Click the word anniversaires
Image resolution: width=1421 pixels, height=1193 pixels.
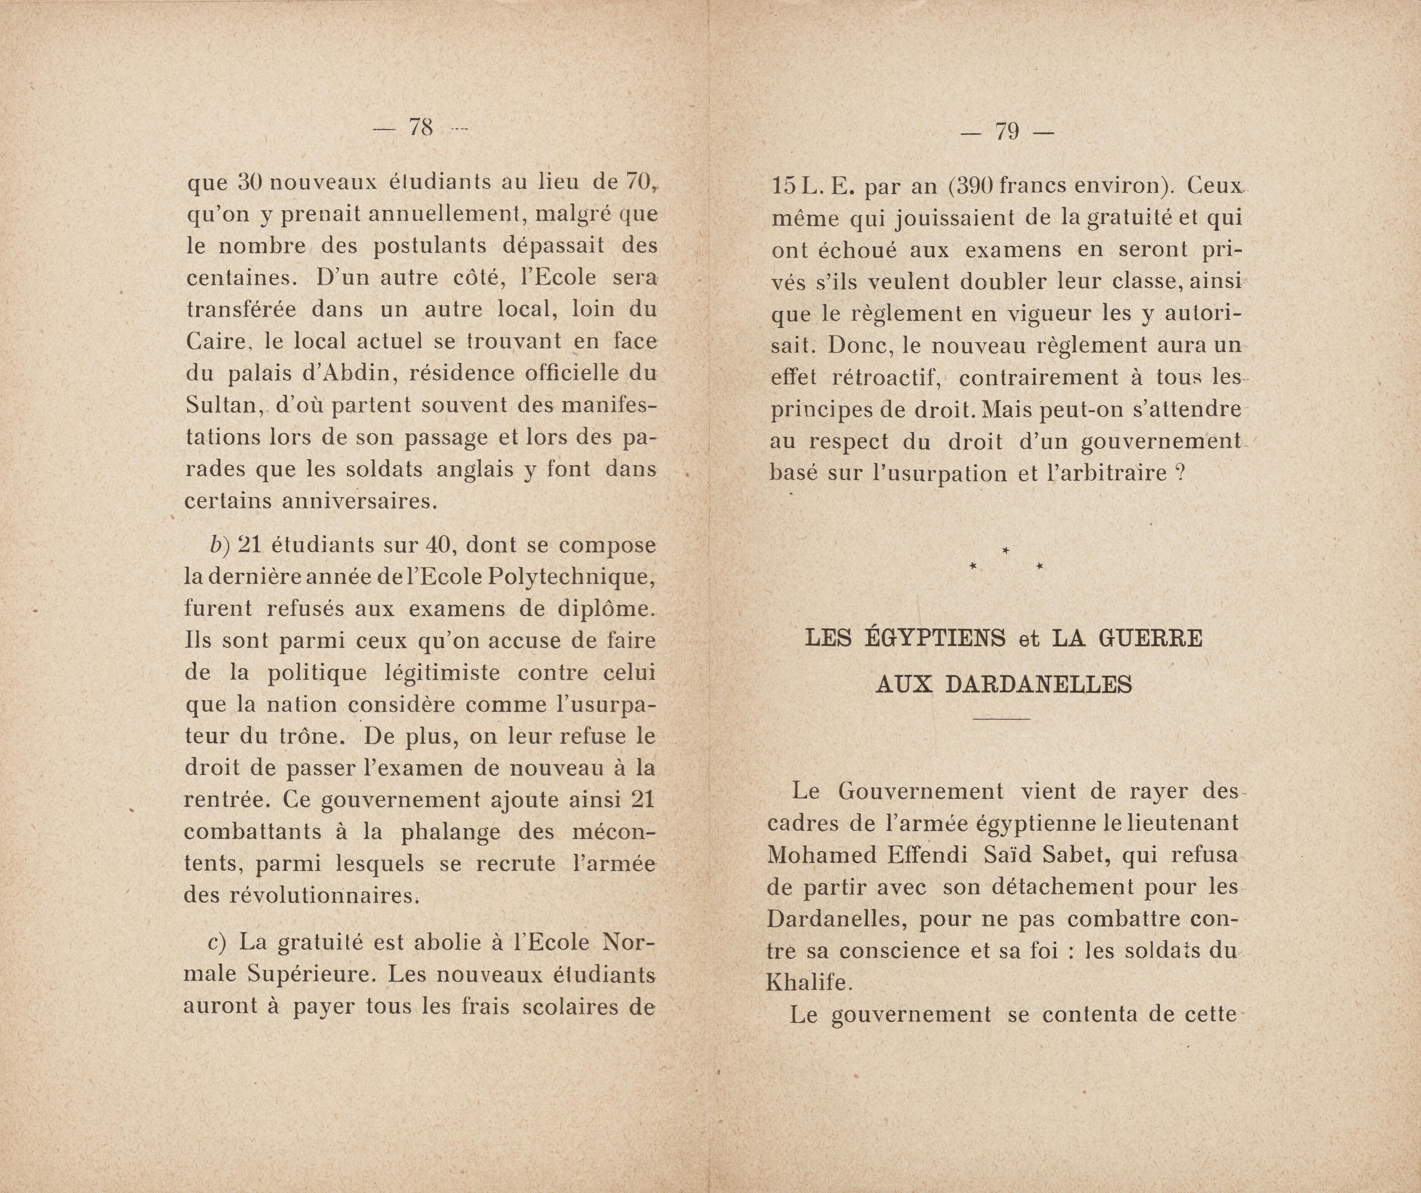[x=358, y=502]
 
